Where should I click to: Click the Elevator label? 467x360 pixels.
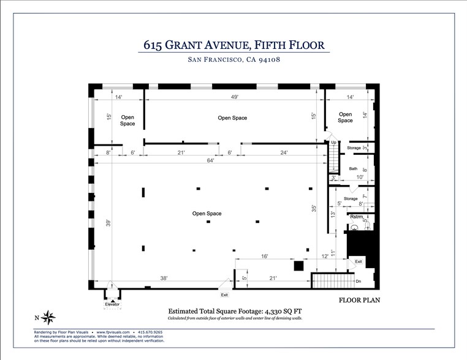pyautogui.click(x=112, y=304)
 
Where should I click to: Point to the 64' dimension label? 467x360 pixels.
pyautogui.click(x=210, y=160)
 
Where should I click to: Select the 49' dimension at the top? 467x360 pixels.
pyautogui.click(x=234, y=97)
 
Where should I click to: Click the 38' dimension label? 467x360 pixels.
pyautogui.click(x=164, y=279)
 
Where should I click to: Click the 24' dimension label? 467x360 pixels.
pyautogui.click(x=284, y=152)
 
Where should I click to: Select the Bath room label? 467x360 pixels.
pyautogui.click(x=353, y=169)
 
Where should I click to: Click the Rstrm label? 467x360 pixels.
pyautogui.click(x=357, y=217)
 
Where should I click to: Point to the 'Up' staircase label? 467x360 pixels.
pyautogui.click(x=333, y=143)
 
